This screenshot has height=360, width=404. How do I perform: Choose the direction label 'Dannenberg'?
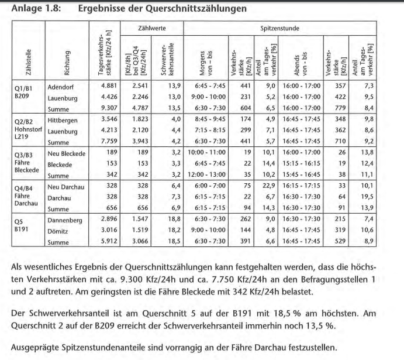coord(65,218)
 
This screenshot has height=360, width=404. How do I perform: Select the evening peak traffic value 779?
coord(337,108)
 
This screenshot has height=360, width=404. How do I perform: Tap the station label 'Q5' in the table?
coord(22,218)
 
